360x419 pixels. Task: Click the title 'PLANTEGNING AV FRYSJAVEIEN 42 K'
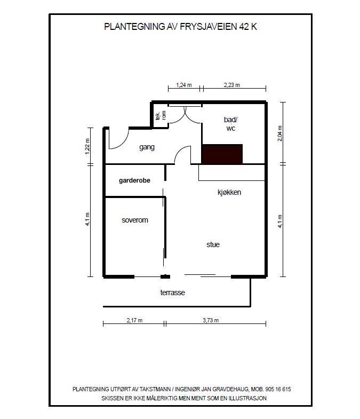180,26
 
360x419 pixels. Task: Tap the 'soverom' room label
134,220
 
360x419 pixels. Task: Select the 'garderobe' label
134,180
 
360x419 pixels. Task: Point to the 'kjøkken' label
229,192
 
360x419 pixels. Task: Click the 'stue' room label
213,244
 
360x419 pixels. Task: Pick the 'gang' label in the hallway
147,147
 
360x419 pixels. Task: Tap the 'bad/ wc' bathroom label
230,125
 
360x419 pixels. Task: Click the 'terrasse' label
172,292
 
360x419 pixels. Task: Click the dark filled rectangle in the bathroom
222,154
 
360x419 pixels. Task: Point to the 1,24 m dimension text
183,85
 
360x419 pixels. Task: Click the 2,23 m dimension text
231,85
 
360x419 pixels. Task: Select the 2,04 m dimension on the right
279,133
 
